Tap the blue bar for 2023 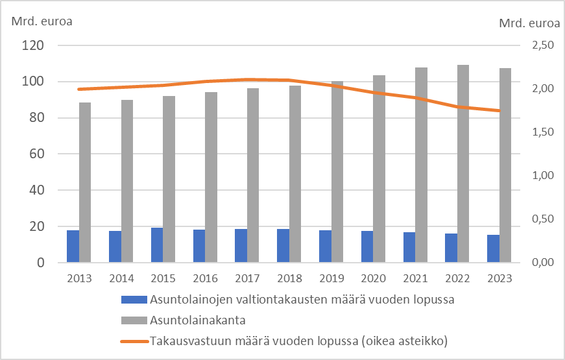(493, 248)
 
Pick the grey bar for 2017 (253, 175)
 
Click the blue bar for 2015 (157, 245)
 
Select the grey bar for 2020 (379, 169)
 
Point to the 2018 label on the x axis (289, 278)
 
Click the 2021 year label (415, 278)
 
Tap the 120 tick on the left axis (33, 45)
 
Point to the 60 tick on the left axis (36, 154)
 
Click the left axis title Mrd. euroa (42, 19)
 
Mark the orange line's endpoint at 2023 (499, 111)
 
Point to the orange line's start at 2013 (78, 89)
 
